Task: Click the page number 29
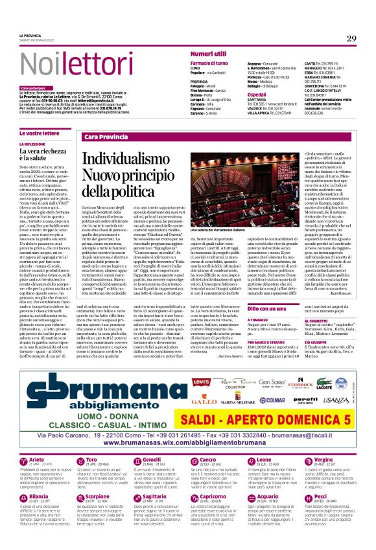pyautogui.click(x=351, y=38)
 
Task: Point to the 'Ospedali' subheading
pyautogui.click(x=257, y=94)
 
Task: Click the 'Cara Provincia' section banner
pyautogui.click(x=106, y=137)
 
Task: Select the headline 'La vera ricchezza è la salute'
pyautogui.click(x=43, y=153)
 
